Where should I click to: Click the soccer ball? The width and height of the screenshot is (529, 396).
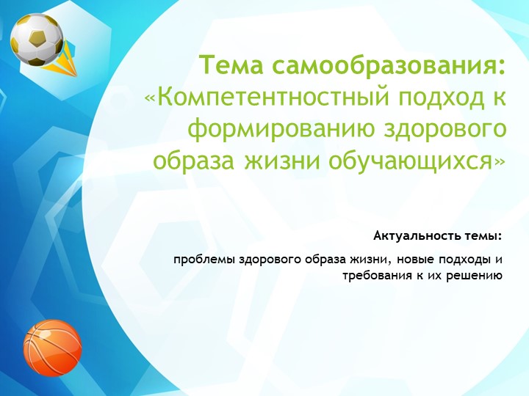[x=36, y=39]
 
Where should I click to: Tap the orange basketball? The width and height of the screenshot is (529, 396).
[x=52, y=345]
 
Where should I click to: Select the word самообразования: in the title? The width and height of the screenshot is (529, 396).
[x=389, y=66]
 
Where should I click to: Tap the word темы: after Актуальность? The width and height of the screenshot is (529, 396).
[x=481, y=236]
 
